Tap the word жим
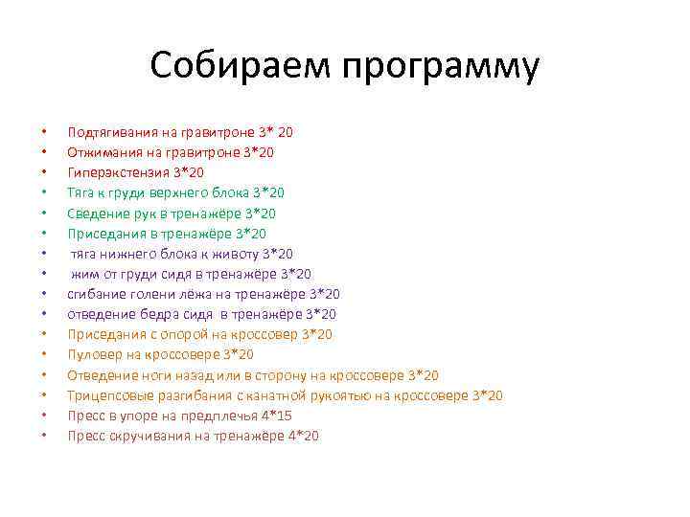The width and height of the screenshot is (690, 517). tap(85, 274)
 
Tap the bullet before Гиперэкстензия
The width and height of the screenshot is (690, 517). tap(44, 172)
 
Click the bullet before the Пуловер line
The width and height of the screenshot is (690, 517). tap(44, 354)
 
